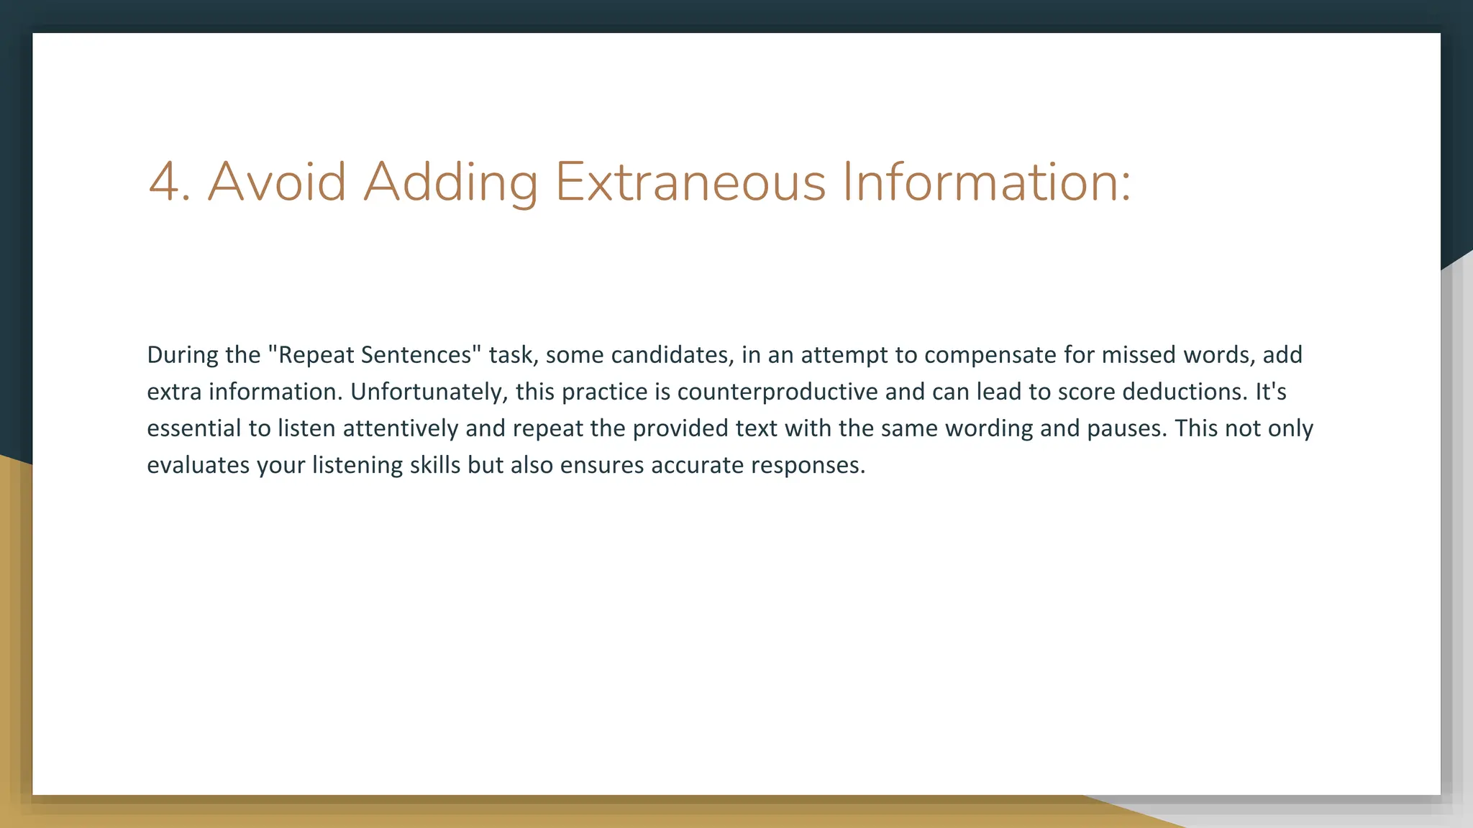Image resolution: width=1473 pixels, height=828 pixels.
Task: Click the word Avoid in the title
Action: (277, 182)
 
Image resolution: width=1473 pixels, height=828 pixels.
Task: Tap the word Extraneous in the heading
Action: (690, 182)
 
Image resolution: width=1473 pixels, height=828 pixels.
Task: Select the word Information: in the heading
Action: (986, 182)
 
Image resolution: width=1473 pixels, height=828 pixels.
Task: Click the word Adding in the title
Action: (450, 183)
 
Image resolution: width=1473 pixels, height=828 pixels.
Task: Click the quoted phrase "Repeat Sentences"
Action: (375, 355)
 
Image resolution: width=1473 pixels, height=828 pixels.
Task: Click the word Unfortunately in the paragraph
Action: (429, 392)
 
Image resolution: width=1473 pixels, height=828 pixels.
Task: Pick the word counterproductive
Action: (777, 392)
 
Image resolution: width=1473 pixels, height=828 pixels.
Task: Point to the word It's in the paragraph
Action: (1270, 392)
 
